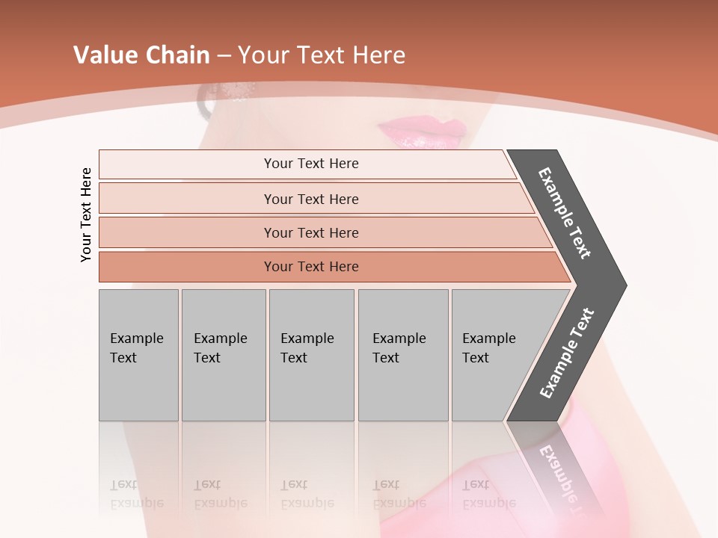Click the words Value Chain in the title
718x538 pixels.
(x=141, y=55)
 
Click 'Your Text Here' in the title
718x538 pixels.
(x=322, y=55)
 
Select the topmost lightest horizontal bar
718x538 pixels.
(x=310, y=164)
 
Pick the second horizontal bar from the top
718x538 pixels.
(x=310, y=199)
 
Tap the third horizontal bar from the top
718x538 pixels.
(x=310, y=232)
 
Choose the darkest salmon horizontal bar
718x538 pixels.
(x=310, y=267)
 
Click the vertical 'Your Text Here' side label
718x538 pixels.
(x=86, y=214)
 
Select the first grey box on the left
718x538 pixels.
(x=138, y=355)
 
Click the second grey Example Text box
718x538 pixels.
(x=223, y=355)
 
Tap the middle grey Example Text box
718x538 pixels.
(x=311, y=355)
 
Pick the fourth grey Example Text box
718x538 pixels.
(x=402, y=355)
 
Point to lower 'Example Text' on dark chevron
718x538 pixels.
(x=567, y=353)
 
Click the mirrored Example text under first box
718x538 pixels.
(x=137, y=494)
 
